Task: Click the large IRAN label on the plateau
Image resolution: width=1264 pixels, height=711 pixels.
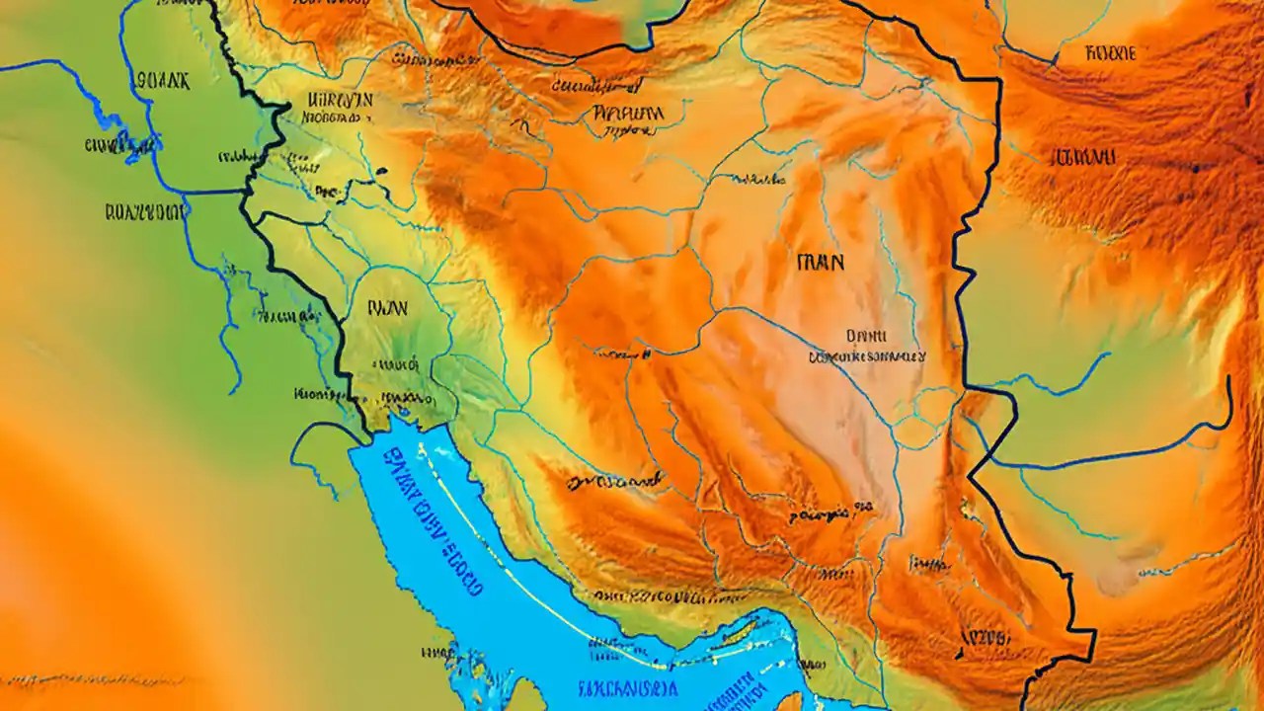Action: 820,262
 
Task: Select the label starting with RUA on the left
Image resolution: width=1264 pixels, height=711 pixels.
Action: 144,210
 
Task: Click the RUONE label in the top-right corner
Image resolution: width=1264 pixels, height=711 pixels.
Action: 1110,53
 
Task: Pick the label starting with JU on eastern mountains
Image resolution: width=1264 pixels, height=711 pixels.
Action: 1082,156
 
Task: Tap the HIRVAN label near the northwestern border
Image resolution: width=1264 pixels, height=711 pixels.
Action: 340,100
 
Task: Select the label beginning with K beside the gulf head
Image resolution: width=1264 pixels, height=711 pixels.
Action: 318,394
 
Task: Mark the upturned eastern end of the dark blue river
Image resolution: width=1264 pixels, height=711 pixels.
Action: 1228,395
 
